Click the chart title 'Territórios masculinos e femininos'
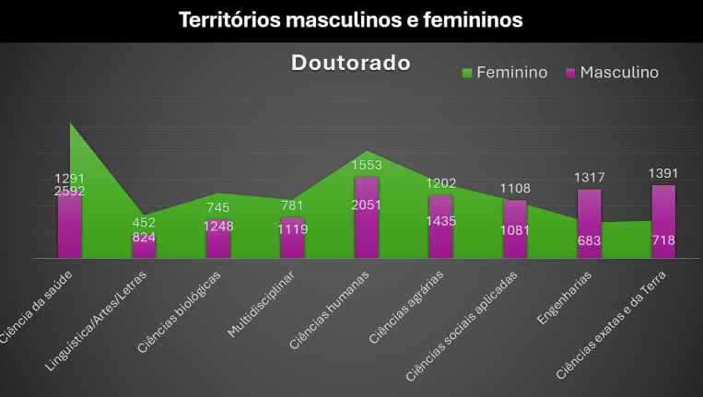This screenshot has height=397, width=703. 350,19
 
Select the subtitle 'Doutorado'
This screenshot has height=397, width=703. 350,63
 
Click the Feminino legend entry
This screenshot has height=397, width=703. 504,72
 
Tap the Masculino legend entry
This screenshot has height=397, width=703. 612,72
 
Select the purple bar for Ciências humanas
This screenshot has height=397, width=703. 367,217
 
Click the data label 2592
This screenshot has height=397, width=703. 70,192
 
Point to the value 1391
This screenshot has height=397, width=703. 663,172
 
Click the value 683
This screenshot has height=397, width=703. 590,240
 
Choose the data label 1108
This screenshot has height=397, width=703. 515,188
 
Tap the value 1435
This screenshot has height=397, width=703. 440,221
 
